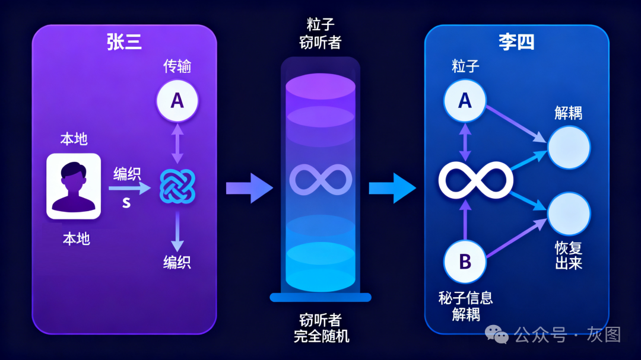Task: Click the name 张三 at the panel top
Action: tap(124, 42)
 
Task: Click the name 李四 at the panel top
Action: tap(516, 42)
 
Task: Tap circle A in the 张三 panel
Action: tap(177, 101)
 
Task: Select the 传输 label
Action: tap(177, 66)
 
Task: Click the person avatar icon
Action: tap(74, 186)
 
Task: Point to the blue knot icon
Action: tap(177, 186)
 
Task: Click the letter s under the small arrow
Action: tap(126, 202)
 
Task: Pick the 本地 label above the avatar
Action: tap(74, 139)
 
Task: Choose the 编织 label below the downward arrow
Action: tap(177, 262)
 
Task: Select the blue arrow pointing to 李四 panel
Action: tap(392, 187)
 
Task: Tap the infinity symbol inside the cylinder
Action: tap(320, 179)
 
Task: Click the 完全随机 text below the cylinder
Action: tap(321, 336)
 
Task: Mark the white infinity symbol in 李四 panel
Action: tap(475, 180)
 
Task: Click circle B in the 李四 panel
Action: tap(465, 261)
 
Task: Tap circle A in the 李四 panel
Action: tap(465, 100)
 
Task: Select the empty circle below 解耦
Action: tap(569, 147)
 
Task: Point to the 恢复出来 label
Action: tap(568, 255)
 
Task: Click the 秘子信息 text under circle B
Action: tap(465, 298)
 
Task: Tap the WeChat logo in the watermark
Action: tap(497, 334)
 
